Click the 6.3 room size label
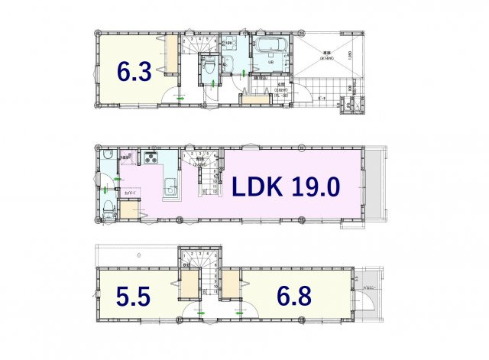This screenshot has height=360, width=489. tap(134, 72)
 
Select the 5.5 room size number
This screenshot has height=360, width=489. tap(134, 297)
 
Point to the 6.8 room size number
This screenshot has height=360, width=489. tap(295, 297)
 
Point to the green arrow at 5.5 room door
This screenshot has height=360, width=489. tap(200, 313)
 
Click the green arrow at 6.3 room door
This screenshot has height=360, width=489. tap(181, 99)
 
